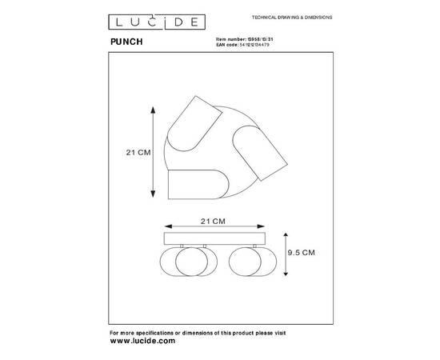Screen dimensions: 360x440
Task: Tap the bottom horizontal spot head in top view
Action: coord(194,184)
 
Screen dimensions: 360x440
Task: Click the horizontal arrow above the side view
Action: coord(213,227)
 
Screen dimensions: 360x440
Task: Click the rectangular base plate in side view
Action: coord(213,238)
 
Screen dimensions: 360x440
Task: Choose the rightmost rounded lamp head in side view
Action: coord(254,263)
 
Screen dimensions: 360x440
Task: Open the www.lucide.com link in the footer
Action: coord(142,341)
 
